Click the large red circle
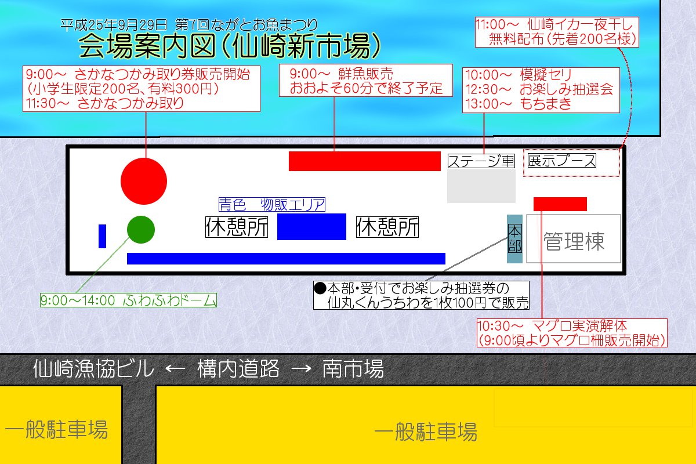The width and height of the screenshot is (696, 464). [x=144, y=181]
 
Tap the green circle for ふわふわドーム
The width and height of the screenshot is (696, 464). [x=141, y=230]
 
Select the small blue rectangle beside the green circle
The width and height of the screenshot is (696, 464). [x=102, y=236]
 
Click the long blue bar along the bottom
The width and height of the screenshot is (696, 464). [x=286, y=259]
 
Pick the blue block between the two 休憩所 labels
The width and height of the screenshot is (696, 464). [x=311, y=227]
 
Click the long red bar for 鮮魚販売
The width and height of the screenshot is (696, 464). [x=365, y=161]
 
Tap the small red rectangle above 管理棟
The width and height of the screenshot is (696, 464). [x=560, y=204]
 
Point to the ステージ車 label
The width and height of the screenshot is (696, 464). [x=481, y=161]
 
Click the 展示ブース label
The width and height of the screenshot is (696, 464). [x=562, y=160]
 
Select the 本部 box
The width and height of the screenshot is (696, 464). [x=514, y=239]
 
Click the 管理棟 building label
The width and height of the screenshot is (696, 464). [x=574, y=241]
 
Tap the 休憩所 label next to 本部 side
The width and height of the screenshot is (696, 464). [x=387, y=227]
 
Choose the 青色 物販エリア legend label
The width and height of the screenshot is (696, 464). [x=272, y=205]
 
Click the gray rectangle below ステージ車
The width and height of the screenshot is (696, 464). [x=481, y=186]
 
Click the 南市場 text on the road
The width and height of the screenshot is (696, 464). [x=353, y=368]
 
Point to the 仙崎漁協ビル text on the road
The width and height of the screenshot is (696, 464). [x=93, y=368]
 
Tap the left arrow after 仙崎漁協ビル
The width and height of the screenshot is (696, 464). [x=175, y=369]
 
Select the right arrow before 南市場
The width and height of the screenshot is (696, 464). [x=301, y=369]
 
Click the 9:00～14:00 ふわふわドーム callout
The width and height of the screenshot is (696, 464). [x=128, y=300]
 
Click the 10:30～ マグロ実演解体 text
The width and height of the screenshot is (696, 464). [x=552, y=326]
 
